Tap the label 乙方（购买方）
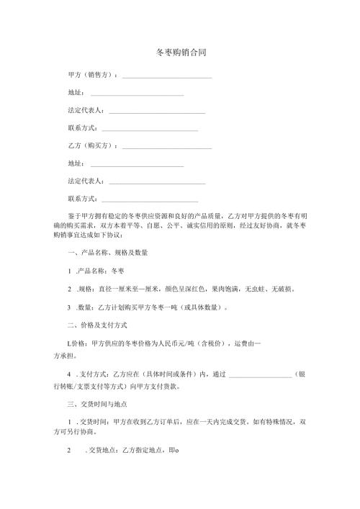93,145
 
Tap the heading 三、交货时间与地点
100,404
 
